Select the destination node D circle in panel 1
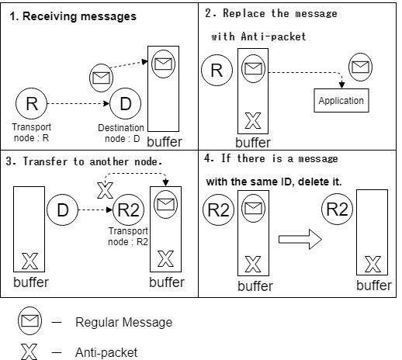124,103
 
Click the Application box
341,101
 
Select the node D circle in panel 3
62,208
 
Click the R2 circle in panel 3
127,208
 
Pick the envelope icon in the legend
31,321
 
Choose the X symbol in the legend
30,351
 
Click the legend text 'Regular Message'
123,322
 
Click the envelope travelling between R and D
102,77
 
